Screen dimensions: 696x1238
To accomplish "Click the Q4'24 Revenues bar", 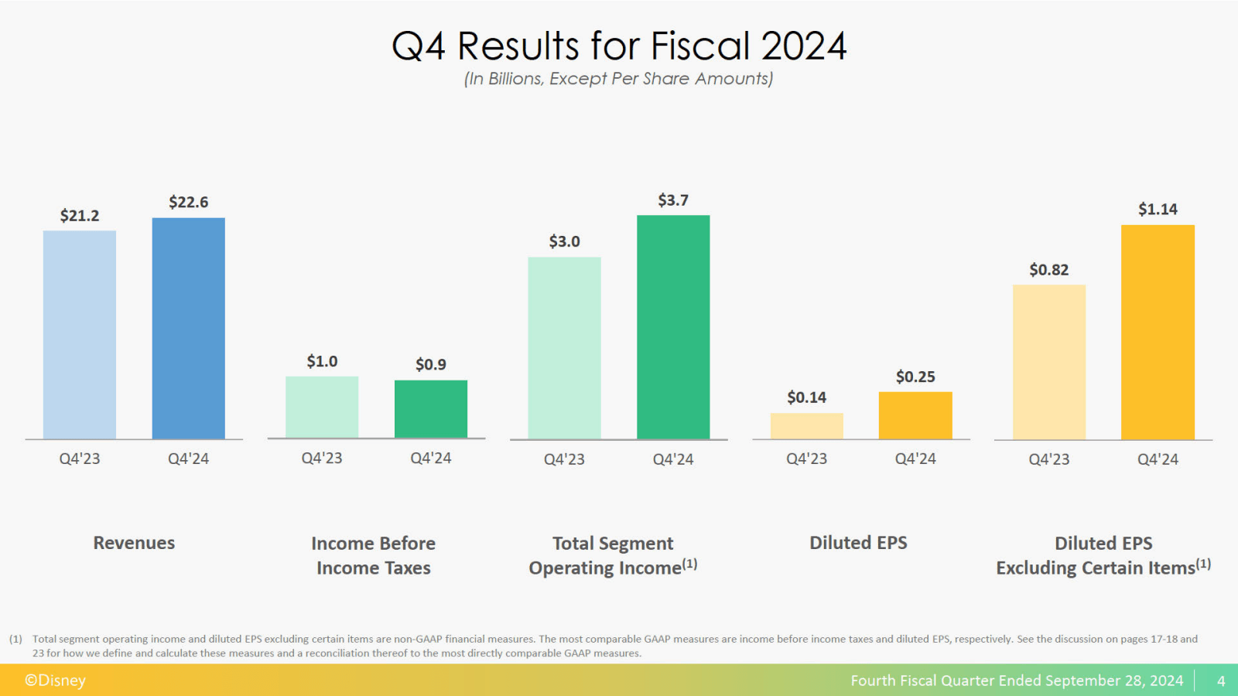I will click(188, 329).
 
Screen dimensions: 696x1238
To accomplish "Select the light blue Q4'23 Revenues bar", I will click(80, 335).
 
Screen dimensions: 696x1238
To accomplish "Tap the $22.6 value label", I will click(188, 202).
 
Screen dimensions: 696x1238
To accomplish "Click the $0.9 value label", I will click(430, 364).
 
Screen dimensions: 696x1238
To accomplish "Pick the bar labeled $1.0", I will click(322, 408).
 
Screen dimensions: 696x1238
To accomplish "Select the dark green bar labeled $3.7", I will click(673, 327).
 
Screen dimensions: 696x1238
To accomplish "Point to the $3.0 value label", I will click(564, 241).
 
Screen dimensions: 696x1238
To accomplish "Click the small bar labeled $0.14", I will click(806, 426).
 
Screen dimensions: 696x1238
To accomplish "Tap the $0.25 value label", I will click(915, 377).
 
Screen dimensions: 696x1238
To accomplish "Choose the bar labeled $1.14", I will click(1158, 333).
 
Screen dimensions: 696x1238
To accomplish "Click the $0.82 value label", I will click(1048, 270).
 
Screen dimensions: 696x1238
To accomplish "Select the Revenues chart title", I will click(134, 543).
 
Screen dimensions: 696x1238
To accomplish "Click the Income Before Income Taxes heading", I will click(373, 555).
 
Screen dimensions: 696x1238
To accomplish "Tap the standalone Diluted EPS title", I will click(858, 543).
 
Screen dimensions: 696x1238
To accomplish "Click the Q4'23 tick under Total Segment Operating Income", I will click(564, 459).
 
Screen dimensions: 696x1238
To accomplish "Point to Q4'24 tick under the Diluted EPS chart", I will click(915, 459).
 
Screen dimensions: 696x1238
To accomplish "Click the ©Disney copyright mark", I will click(55, 681).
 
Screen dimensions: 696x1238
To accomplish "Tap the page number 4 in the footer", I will click(1221, 681).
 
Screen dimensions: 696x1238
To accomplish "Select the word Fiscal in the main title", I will click(700, 46).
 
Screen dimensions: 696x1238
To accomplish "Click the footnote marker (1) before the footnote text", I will click(15, 639).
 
